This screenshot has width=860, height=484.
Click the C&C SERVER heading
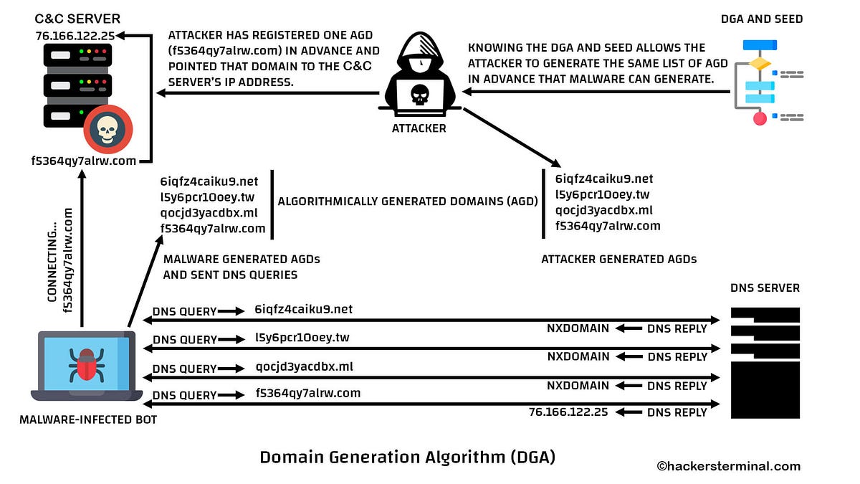point(77,18)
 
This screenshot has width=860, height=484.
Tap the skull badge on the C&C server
point(107,129)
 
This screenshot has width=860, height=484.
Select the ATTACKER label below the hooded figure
point(419,128)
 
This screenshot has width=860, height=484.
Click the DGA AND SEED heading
point(762,19)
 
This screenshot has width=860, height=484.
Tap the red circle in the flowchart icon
point(760,118)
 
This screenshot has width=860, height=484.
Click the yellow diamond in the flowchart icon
point(760,64)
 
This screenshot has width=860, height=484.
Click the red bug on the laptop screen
point(87,364)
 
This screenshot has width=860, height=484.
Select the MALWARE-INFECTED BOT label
point(88,419)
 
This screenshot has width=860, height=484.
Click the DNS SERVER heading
point(765,288)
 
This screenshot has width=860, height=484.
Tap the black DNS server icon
point(765,362)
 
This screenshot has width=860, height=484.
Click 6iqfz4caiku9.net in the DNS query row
point(304,310)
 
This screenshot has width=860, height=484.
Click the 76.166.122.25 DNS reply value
point(568,412)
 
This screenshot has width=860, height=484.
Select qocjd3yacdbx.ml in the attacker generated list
point(604,210)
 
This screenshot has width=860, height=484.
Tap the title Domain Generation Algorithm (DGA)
point(407,457)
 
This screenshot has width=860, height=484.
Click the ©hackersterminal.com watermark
point(728,466)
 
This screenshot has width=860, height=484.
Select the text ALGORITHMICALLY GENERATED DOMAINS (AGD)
point(407,202)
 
